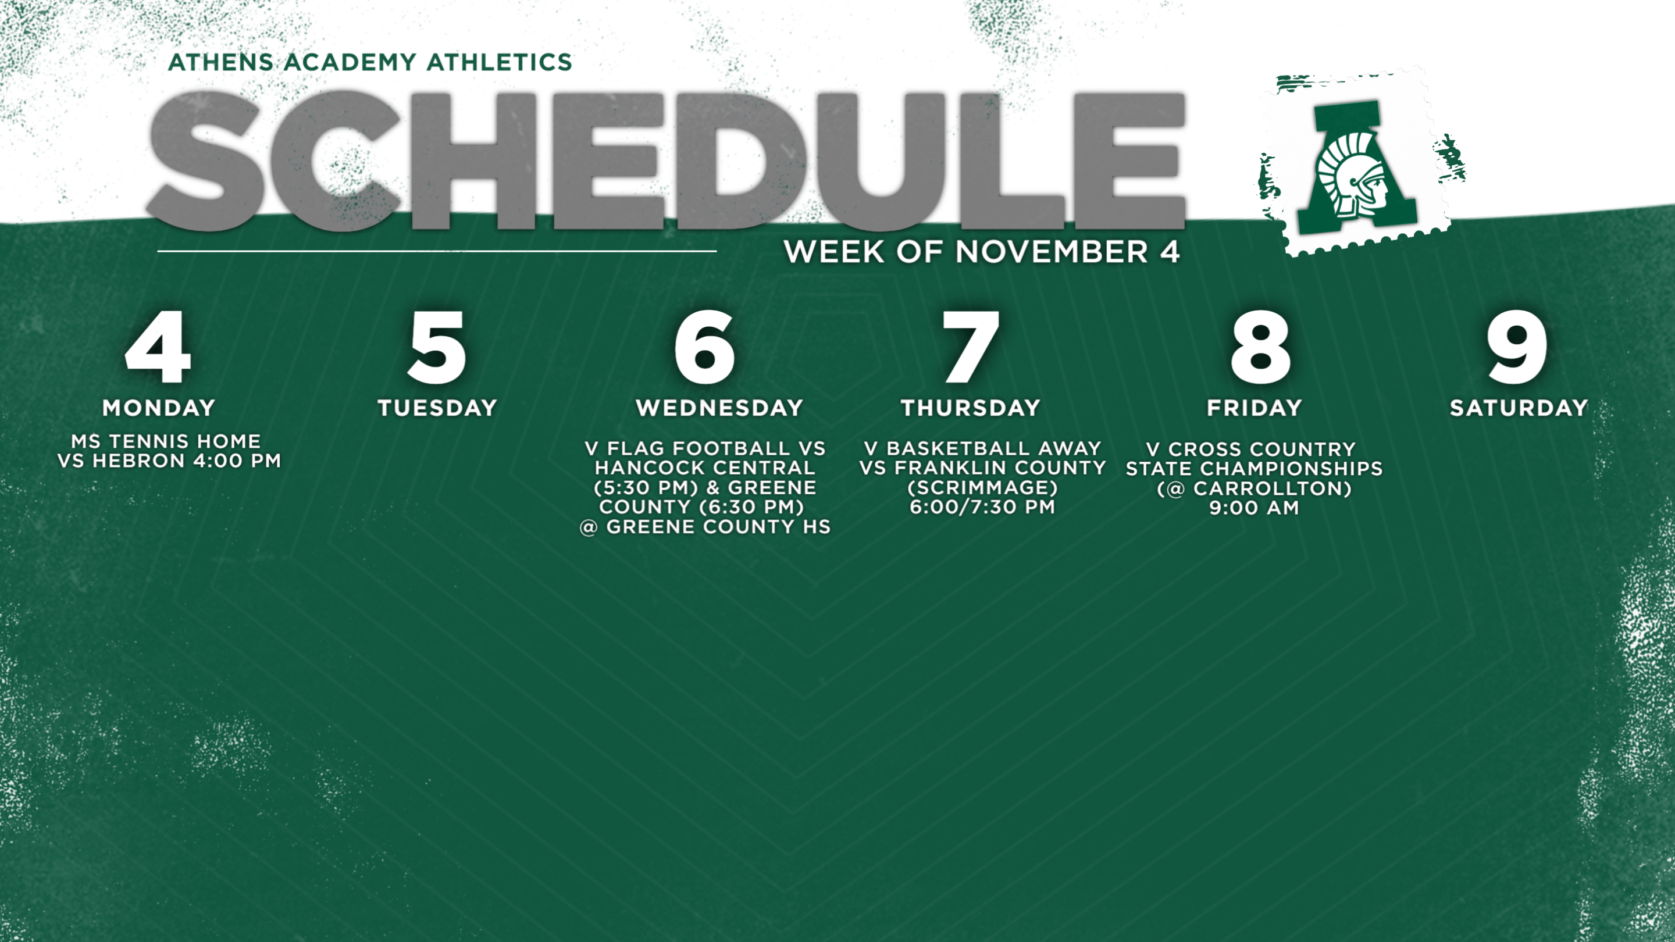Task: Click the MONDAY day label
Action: click(159, 408)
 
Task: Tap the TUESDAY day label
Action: click(437, 408)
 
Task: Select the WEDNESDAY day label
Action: click(720, 408)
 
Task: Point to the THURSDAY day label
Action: click(970, 408)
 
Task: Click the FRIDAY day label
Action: click(1255, 408)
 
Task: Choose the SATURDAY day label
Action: click(1519, 408)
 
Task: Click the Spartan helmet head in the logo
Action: click(1354, 176)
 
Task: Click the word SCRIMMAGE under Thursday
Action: click(982, 488)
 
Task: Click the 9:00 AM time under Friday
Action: click(1255, 508)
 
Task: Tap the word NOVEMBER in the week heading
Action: click(1052, 252)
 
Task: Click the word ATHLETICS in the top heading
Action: click(500, 62)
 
